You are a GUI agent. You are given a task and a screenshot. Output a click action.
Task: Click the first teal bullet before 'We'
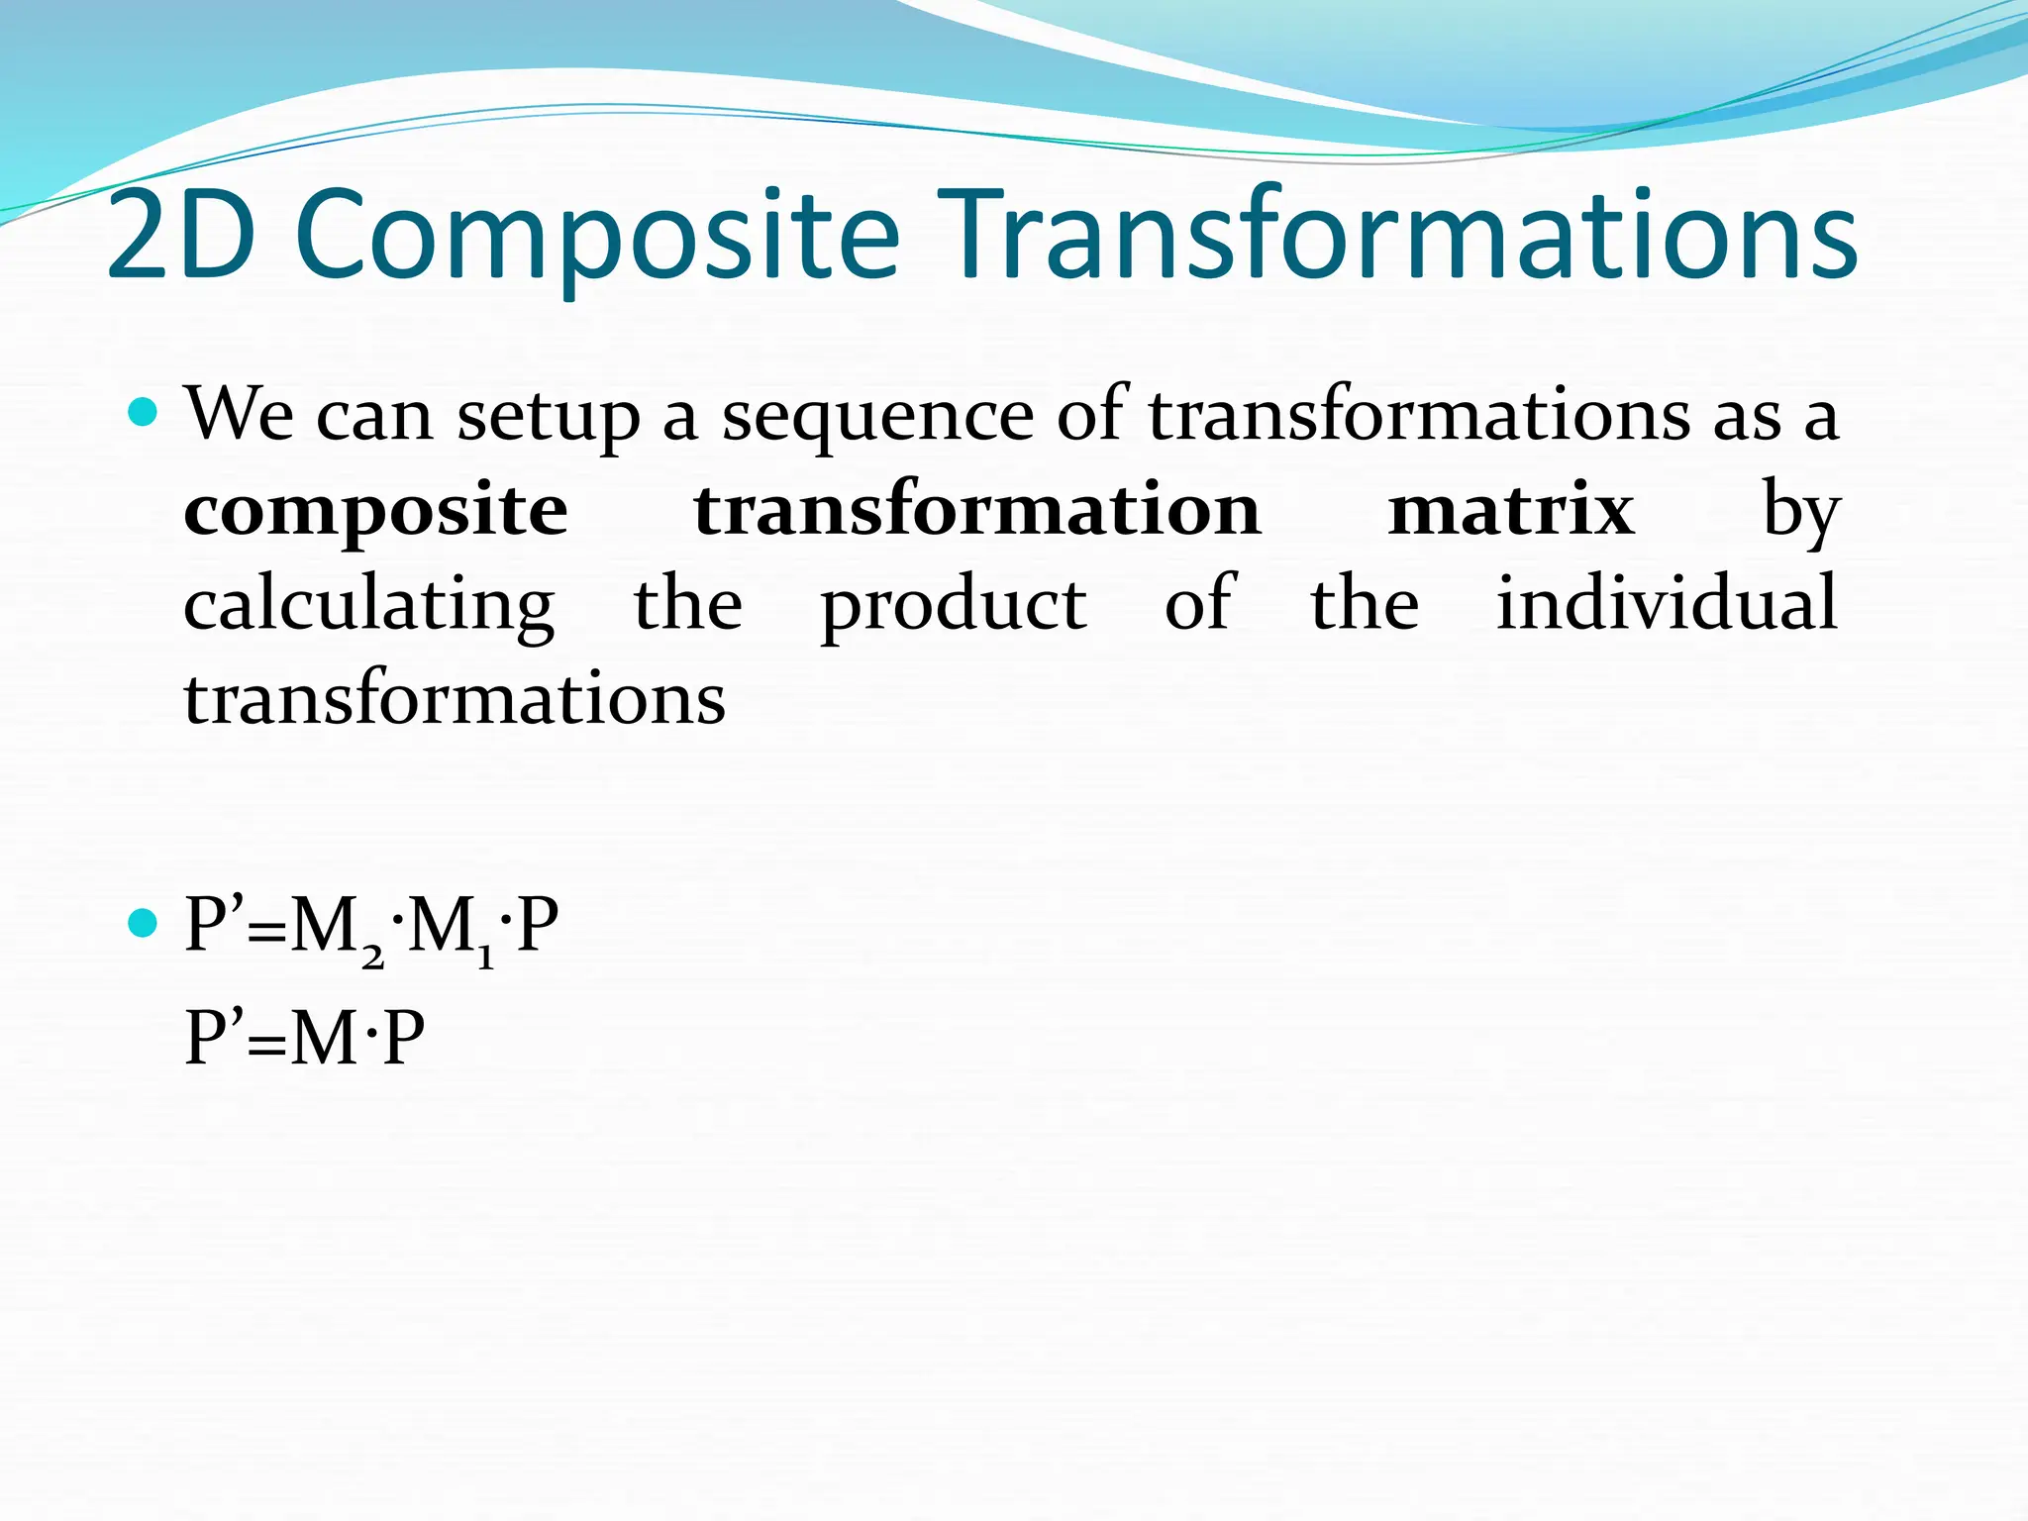pyautogui.click(x=144, y=411)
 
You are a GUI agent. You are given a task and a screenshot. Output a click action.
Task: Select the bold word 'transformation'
pyautogui.click(x=977, y=510)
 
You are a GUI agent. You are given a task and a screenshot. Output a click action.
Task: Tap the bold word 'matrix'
pyautogui.click(x=1510, y=510)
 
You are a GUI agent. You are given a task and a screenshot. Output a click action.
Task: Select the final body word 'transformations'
pyautogui.click(x=455, y=698)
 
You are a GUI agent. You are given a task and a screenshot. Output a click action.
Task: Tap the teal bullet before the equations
pyautogui.click(x=144, y=924)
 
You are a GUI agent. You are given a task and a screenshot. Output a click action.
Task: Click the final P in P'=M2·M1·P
pyautogui.click(x=538, y=926)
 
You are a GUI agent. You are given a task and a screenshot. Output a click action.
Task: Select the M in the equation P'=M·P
pyautogui.click(x=325, y=1038)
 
